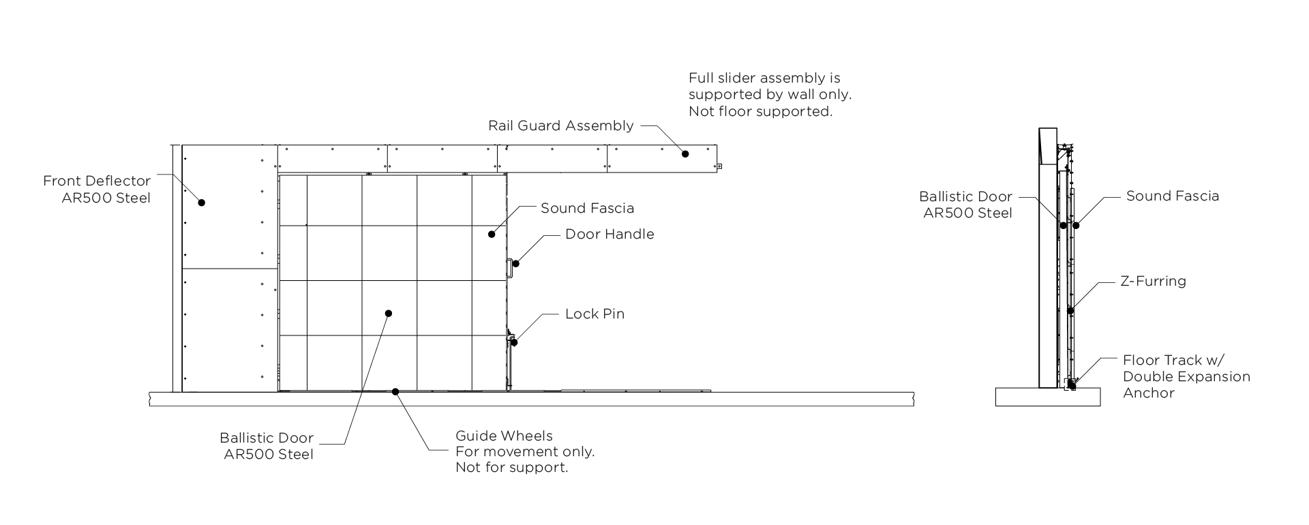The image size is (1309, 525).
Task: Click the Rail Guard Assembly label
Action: point(560,126)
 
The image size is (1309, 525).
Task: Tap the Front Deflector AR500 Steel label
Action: point(97,190)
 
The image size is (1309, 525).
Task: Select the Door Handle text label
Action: point(609,235)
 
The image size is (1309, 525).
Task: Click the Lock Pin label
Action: point(595,314)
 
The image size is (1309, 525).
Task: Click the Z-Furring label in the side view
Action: point(1153,281)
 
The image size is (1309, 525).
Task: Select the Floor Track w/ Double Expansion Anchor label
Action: point(1186,376)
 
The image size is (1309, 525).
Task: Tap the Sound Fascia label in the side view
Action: point(1172,196)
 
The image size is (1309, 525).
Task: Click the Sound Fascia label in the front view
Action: point(587,209)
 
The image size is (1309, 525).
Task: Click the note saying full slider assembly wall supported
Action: point(770,95)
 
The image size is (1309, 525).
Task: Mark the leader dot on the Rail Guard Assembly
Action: point(686,154)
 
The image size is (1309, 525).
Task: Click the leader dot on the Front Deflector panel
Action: point(202,202)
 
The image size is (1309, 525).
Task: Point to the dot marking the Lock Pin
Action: point(514,342)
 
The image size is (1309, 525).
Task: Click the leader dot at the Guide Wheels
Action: point(395,391)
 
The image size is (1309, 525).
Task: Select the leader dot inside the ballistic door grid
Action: point(389,314)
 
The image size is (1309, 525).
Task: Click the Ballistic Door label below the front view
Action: point(267,446)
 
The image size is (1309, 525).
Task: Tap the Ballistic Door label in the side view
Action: point(965,205)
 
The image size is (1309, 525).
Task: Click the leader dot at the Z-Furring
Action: point(1070,311)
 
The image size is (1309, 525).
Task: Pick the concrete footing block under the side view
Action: point(1047,397)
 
